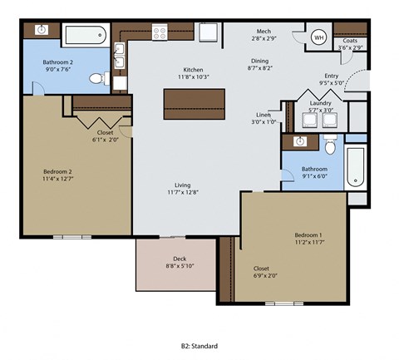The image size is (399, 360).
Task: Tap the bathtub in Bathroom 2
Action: [x=84, y=35]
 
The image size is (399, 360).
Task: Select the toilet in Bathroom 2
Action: [x=97, y=79]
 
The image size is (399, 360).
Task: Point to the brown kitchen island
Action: [x=193, y=102]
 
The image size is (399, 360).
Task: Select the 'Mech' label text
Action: [x=264, y=31]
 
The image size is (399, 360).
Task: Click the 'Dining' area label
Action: [x=260, y=62]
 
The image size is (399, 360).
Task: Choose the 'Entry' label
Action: [x=331, y=76]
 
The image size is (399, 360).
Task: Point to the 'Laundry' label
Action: [x=320, y=103]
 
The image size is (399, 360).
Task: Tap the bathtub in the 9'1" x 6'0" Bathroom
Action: [x=355, y=166]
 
